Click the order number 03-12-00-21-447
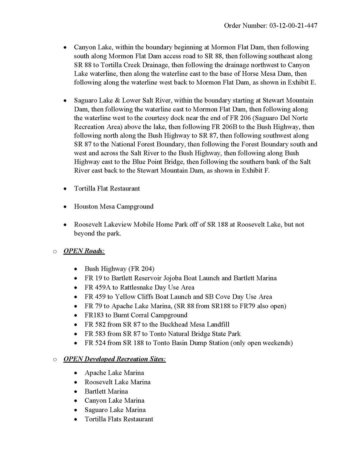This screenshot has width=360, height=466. tap(293, 26)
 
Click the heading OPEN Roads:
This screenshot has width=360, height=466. tap(84, 251)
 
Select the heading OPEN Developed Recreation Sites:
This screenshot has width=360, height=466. tap(114, 359)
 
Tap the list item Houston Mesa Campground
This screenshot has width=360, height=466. tap(114, 206)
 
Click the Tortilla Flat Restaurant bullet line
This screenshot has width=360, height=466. tap(107, 188)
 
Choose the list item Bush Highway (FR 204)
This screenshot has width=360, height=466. tap(119, 269)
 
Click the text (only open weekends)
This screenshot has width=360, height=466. tap(261, 343)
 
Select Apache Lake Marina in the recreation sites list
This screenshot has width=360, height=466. tap(114, 373)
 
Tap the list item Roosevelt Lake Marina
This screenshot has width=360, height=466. tap(117, 382)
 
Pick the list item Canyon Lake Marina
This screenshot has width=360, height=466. tap(114, 400)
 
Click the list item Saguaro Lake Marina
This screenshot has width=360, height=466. tap(115, 410)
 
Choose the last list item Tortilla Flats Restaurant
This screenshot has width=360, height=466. tap(119, 419)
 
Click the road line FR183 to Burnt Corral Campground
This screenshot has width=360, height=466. tap(136, 315)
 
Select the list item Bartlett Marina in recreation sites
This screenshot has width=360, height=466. tap(106, 391)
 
